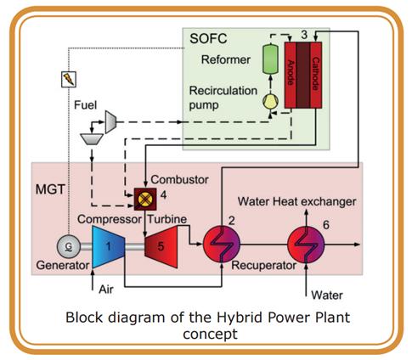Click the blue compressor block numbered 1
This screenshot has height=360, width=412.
[x=109, y=247]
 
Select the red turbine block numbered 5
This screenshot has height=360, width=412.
[x=161, y=247]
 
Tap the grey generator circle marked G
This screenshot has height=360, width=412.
[x=69, y=247]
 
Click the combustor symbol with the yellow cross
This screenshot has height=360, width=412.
[x=145, y=200]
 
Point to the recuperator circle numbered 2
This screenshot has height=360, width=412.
[x=222, y=245]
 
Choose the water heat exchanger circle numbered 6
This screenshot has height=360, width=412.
[x=306, y=245]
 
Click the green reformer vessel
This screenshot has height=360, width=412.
[x=270, y=59]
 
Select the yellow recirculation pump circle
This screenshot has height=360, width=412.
[x=270, y=102]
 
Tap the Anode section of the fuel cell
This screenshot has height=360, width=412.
[x=291, y=76]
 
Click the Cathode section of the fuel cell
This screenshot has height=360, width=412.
[x=316, y=76]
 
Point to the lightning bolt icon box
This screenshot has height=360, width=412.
[x=69, y=79]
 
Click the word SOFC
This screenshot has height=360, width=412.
[x=208, y=39]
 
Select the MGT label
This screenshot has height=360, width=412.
[x=51, y=189]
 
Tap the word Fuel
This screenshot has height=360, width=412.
[x=85, y=105]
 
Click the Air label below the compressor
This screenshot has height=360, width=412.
[x=106, y=290]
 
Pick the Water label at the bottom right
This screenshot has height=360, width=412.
[x=327, y=295]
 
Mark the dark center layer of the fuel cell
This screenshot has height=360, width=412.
[x=303, y=76]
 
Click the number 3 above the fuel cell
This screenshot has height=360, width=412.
[x=304, y=35]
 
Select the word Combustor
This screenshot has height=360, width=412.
[x=179, y=179]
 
